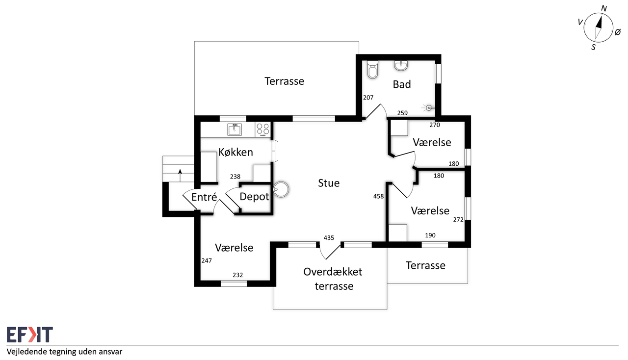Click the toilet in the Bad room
[x=373, y=70]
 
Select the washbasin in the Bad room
[x=401, y=65]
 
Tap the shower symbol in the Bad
[x=429, y=107]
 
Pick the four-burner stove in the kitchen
[x=262, y=129]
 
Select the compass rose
[x=598, y=27]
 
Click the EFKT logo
[x=29, y=335]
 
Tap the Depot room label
[x=254, y=197]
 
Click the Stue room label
[x=329, y=183]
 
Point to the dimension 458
[x=378, y=196]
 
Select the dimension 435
[x=329, y=238]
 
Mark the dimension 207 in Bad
[x=368, y=98]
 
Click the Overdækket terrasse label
[x=333, y=279]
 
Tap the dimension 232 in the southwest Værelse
[x=237, y=275]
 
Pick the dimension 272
[x=458, y=220]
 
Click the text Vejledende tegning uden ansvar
[x=64, y=352]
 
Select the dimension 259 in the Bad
[x=402, y=113]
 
